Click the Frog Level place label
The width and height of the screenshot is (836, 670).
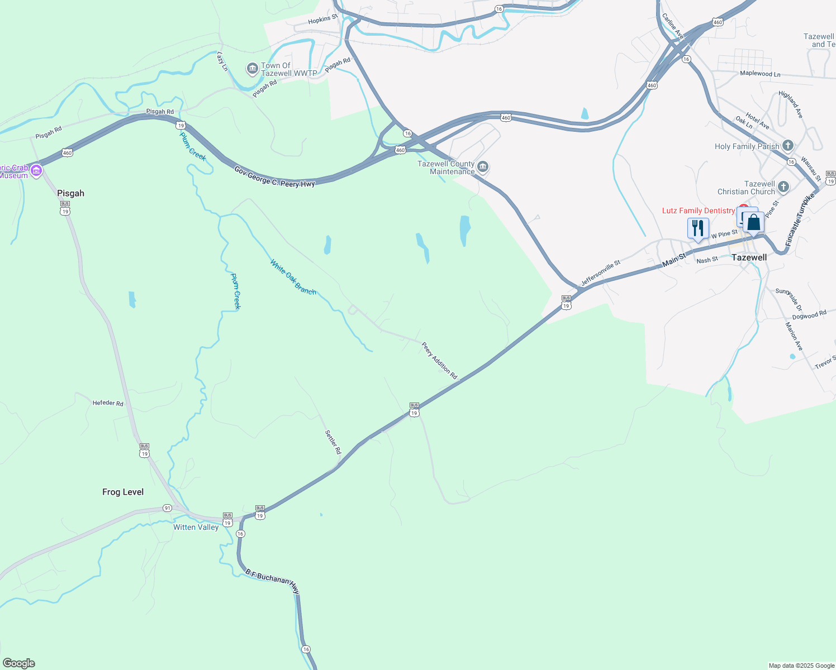pos(123,492)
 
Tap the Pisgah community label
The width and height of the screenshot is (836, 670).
pos(70,193)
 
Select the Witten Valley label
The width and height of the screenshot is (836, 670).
pos(196,527)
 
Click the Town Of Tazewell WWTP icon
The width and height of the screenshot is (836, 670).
pos(252,69)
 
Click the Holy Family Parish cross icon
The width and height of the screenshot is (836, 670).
pos(787,146)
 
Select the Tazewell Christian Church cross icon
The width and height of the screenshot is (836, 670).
pos(783,187)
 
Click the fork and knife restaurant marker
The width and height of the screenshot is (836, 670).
pos(697,228)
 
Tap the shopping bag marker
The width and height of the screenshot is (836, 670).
pos(753,222)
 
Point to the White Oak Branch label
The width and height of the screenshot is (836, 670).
pos(293,277)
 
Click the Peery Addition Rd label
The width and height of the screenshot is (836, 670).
pos(439,361)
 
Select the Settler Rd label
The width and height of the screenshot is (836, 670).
pos(333,442)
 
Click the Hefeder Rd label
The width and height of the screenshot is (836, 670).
pos(108,403)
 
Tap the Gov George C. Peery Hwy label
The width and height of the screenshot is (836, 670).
pos(274,176)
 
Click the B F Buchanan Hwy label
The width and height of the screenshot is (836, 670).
pos(272,581)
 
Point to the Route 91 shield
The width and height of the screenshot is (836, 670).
pos(167,508)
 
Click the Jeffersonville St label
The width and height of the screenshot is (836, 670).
pos(601,273)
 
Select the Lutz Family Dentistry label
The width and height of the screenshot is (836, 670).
pos(699,210)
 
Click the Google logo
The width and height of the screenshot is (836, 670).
pos(19,663)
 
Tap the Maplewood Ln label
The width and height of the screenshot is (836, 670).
pos(760,74)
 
